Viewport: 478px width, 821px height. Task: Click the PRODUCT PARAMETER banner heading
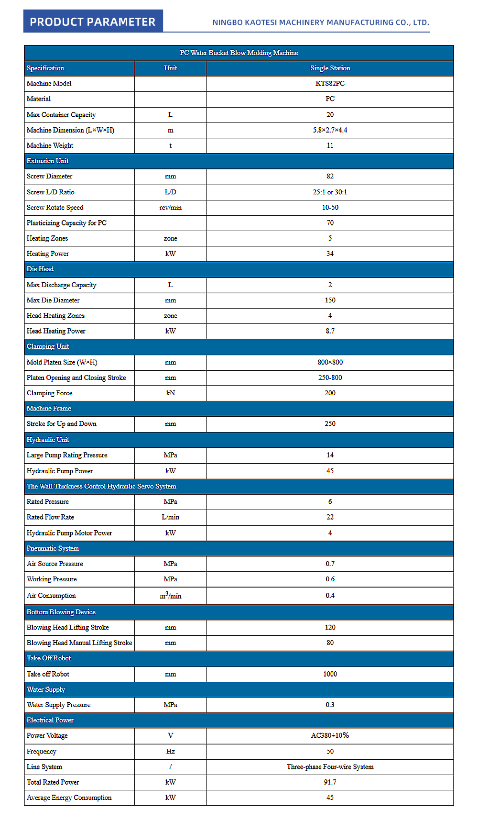93,22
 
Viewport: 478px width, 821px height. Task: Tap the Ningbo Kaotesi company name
321,22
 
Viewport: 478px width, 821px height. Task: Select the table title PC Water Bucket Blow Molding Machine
239,53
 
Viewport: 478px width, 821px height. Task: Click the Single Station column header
330,68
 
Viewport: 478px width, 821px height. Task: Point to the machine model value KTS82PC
330,83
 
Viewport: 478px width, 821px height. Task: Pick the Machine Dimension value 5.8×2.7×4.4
330,130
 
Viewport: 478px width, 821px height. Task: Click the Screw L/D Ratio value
330,192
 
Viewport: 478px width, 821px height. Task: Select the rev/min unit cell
170,208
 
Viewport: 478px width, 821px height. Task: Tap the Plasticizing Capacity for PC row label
66,223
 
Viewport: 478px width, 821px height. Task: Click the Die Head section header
40,269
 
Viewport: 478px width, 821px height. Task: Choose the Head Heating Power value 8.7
330,331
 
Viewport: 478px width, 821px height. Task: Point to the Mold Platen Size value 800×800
330,362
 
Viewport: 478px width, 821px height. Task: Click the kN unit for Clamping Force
170,393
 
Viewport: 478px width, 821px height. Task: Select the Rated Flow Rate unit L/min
170,517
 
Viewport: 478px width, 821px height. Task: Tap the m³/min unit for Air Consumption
170,596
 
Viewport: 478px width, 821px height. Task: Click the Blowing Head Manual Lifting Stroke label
79,643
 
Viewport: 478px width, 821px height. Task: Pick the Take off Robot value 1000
330,674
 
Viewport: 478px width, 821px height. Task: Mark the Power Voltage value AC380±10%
330,735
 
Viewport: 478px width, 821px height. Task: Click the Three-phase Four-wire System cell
330,767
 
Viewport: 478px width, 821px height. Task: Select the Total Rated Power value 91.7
330,782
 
